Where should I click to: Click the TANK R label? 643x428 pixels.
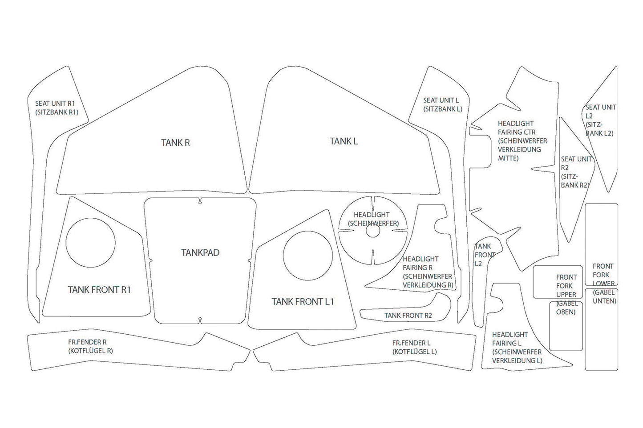[175, 143]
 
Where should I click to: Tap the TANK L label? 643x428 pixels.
[344, 141]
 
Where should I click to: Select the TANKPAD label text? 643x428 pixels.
[200, 252]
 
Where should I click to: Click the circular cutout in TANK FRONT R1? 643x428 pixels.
[91, 243]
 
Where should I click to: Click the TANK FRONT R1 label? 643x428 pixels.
[99, 290]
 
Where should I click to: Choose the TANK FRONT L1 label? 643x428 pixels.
[303, 302]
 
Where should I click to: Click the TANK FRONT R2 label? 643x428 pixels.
[408, 316]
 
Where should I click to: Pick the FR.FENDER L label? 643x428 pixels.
[414, 348]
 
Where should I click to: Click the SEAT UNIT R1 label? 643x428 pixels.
[57, 108]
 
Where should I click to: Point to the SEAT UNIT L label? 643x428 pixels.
[443, 104]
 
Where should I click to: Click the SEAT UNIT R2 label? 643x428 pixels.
[575, 172]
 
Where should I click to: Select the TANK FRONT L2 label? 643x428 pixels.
[484, 255]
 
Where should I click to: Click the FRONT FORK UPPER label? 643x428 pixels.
[566, 294]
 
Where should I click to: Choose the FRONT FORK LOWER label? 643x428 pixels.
[603, 284]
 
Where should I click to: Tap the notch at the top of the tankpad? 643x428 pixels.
[201, 201]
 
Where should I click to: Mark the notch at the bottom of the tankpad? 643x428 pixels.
[201, 320]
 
